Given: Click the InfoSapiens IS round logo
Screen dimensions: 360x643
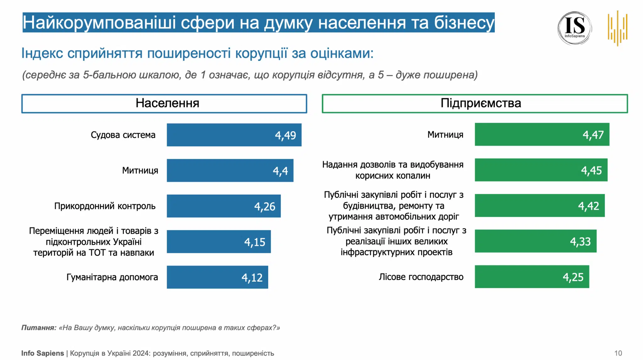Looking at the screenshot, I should click(575, 28).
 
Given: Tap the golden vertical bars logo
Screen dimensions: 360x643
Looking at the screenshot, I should click(617, 28).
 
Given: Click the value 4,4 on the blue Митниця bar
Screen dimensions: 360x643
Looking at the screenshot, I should click(280, 171).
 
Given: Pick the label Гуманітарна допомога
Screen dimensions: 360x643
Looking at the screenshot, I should click(112, 277).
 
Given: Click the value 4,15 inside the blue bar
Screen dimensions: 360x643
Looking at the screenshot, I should click(255, 242).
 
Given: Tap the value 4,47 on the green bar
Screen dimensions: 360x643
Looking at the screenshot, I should click(593, 135).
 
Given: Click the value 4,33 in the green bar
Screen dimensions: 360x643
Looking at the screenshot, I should click(580, 242).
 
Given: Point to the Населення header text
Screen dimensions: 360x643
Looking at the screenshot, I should click(167, 103).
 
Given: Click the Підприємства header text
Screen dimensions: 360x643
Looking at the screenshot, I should click(481, 103).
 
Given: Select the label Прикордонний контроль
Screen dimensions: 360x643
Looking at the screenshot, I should click(105, 206).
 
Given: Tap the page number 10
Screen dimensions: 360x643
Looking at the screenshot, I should click(618, 353).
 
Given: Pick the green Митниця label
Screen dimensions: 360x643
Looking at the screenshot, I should click(445, 135).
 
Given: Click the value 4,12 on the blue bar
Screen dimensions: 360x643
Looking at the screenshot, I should click(252, 277).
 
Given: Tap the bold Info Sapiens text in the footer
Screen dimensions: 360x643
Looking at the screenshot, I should click(42, 353).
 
